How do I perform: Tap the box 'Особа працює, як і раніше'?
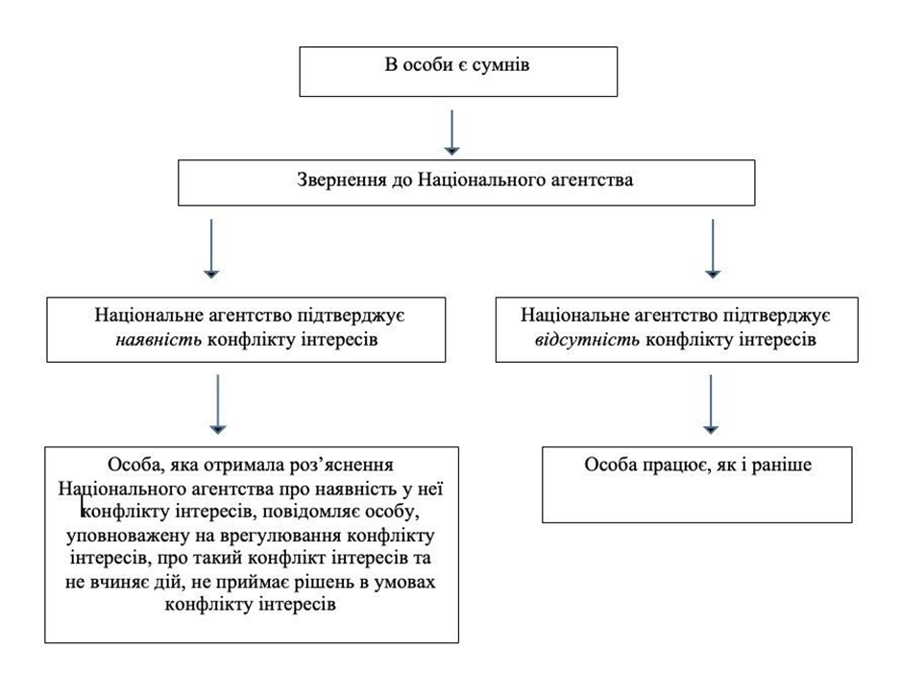click(x=696, y=484)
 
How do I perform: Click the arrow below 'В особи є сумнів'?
click(x=452, y=132)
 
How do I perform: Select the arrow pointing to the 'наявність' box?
click(x=211, y=250)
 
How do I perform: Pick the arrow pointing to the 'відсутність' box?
click(x=712, y=250)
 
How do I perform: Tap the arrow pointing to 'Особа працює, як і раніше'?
click(x=711, y=403)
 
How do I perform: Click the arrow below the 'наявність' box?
click(x=218, y=403)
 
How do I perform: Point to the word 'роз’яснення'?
click(x=350, y=466)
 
